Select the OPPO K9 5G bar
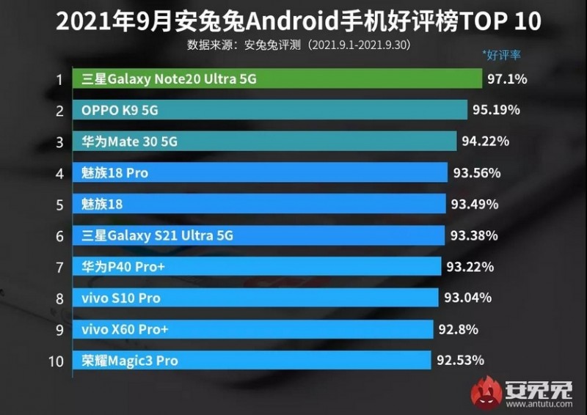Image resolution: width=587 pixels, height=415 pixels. coord(270,110)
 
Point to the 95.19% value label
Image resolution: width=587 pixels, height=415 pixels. coord(497,110)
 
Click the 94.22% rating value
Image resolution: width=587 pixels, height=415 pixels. coord(485,142)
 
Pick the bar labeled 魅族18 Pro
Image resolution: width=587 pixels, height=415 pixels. coord(260,173)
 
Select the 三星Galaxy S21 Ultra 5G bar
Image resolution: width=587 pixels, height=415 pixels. coord(258,235)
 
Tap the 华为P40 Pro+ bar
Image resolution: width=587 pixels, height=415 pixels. coord(257,267)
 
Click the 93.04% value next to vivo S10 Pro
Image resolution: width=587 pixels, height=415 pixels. coord(468,298)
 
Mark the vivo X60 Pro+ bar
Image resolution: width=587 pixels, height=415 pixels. coord(253,329)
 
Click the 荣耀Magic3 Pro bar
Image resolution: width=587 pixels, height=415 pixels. coord(252,360)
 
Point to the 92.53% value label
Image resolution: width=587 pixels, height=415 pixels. coord(461,360)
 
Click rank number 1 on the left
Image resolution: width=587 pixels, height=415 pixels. coord(59,79)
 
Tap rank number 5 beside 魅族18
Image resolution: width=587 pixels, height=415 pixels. coord(59,204)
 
